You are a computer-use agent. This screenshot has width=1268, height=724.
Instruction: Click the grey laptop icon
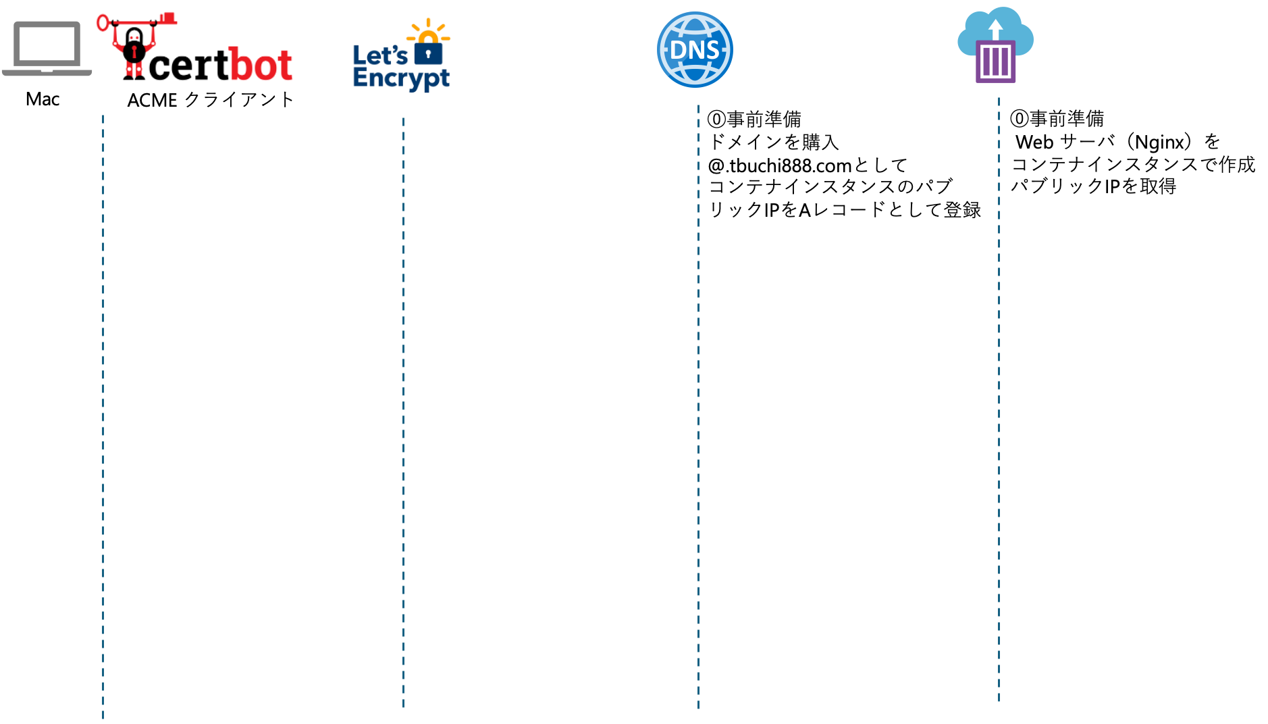[47, 49]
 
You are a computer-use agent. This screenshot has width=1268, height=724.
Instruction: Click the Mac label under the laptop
[43, 99]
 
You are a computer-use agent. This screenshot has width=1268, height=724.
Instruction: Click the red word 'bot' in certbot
[259, 65]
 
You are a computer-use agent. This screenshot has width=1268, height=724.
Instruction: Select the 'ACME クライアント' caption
[211, 100]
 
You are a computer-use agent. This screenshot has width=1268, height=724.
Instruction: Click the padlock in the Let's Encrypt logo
[428, 51]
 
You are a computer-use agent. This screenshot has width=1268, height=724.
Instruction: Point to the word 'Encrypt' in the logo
[401, 78]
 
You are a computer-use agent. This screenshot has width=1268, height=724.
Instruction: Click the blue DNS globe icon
[695, 50]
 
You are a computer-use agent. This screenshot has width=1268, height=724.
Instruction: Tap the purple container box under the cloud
[995, 61]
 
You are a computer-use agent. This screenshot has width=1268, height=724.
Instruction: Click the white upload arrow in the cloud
[995, 30]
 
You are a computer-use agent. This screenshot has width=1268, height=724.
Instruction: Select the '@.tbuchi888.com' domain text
[779, 165]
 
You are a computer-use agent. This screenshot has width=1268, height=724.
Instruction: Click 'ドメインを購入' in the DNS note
[774, 142]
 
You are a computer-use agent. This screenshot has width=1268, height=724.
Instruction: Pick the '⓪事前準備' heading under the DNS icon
[754, 120]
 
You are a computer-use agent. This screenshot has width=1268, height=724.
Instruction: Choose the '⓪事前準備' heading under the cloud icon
[1057, 119]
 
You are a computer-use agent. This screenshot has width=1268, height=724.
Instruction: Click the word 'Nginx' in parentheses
[1160, 143]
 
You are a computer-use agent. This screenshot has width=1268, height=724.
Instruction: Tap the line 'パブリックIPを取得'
[1093, 186]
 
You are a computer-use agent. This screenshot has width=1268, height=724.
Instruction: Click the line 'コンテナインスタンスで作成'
[1133, 164]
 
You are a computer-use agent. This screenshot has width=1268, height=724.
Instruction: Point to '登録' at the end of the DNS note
[963, 210]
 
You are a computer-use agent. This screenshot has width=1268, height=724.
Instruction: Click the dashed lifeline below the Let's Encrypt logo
[403, 413]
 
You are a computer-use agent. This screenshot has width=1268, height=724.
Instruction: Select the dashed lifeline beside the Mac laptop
[103, 417]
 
